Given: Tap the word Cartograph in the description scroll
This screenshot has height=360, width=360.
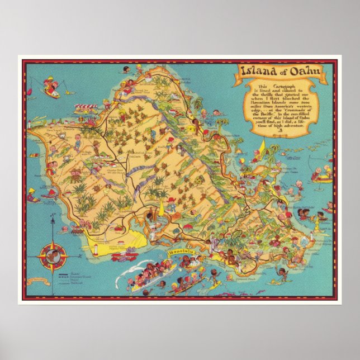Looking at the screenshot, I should click(x=269, y=89).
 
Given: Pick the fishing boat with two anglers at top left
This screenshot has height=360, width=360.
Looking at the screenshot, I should click(x=50, y=90).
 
